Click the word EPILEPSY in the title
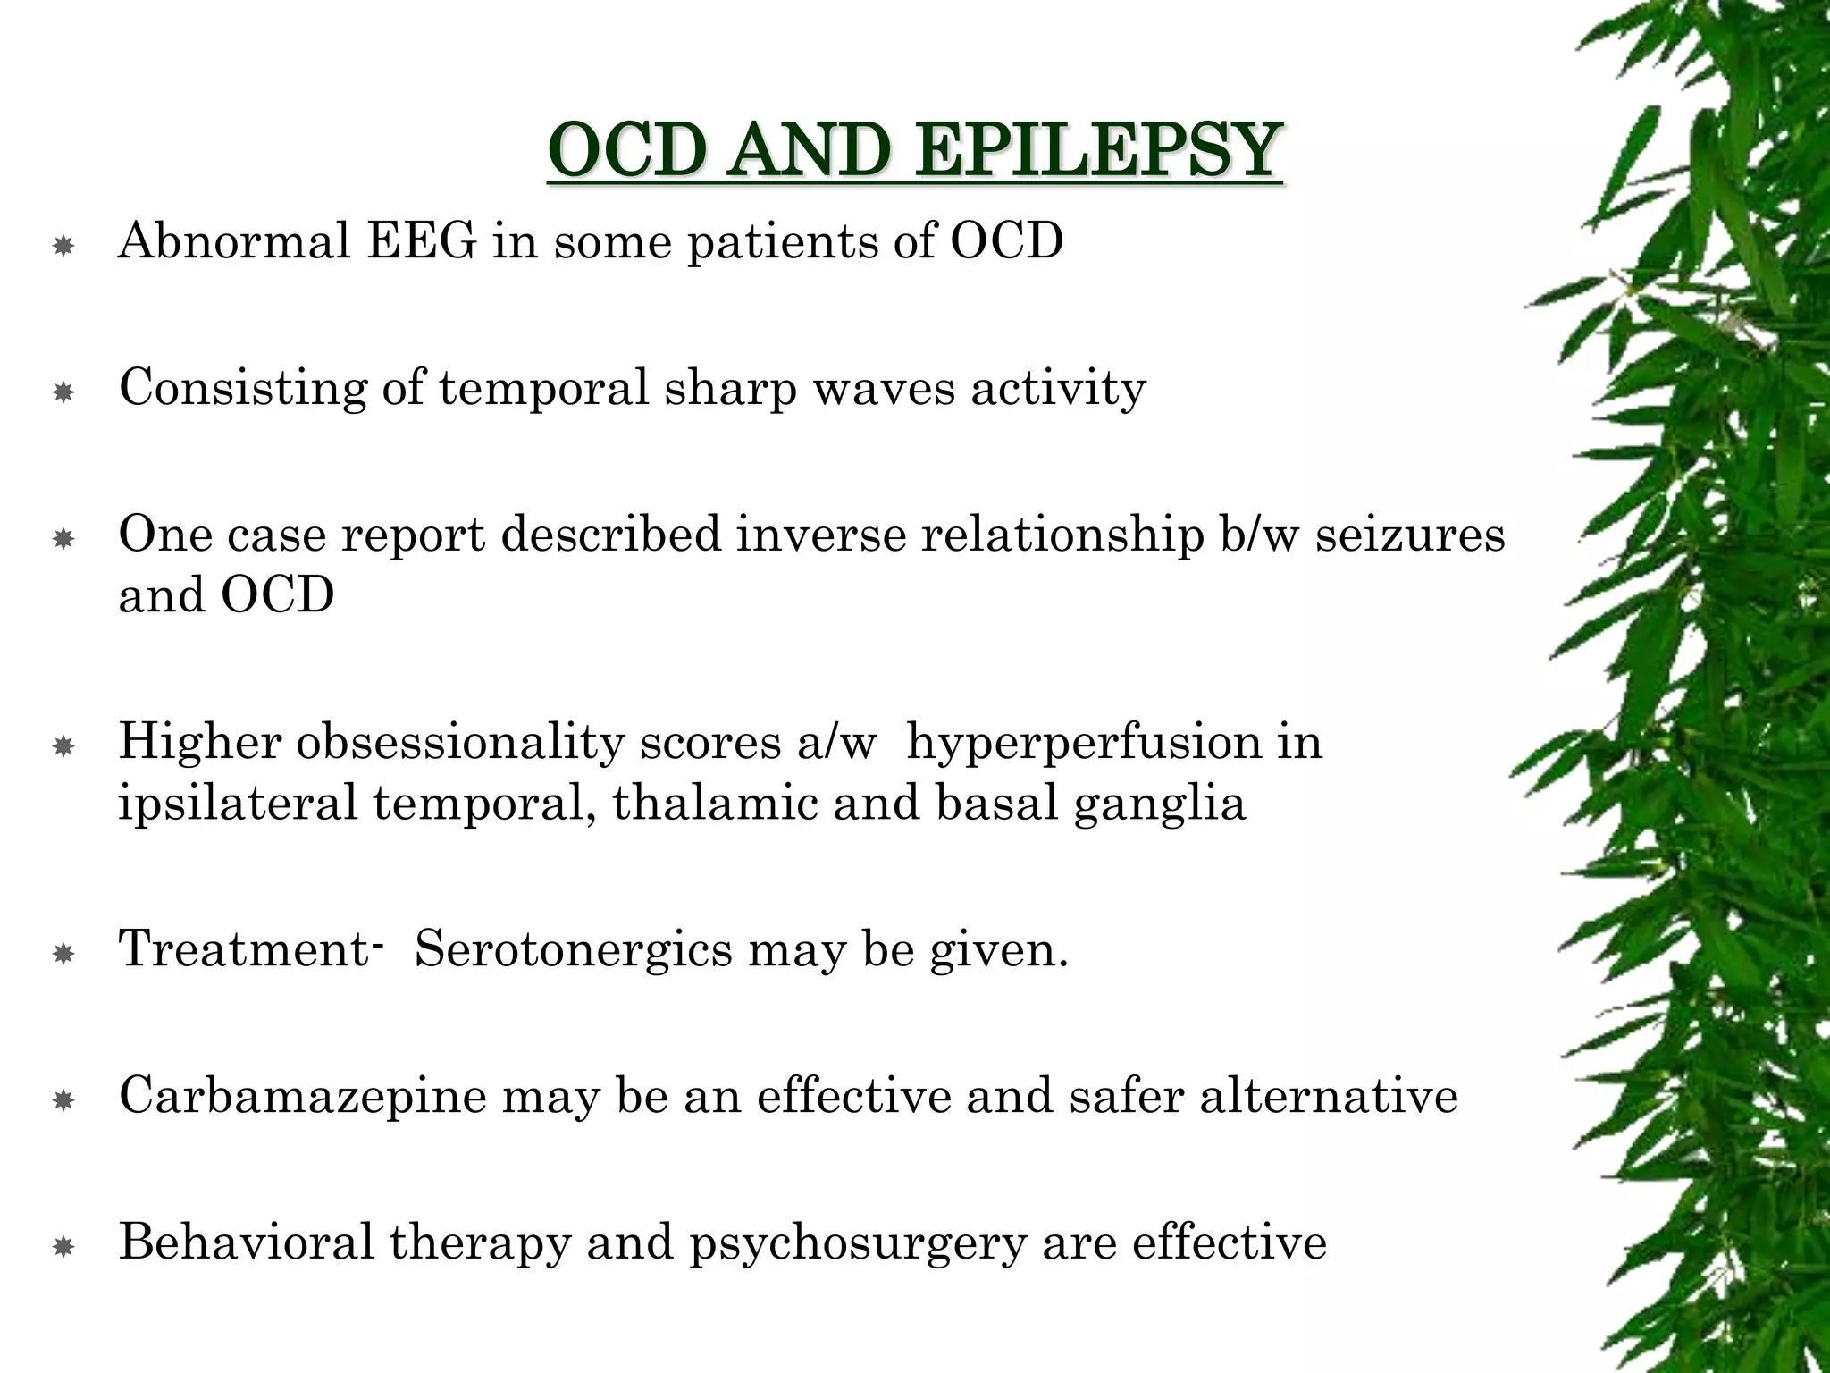pos(1099,150)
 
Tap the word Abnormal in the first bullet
pos(234,240)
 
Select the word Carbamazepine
pos(303,1096)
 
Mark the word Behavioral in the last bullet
pos(247,1242)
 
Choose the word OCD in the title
pos(630,150)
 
